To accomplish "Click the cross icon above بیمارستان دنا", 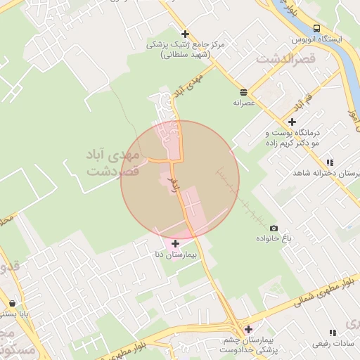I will [x=175, y=243].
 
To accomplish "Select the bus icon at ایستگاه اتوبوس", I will [x=316, y=28].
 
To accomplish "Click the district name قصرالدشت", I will [x=287, y=60].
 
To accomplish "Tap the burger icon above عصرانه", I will [x=243, y=92].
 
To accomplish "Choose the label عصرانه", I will [x=243, y=103].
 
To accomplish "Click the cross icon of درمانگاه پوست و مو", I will [x=292, y=122].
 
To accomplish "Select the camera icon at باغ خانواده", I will [x=274, y=228].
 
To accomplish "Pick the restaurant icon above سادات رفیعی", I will [x=333, y=333].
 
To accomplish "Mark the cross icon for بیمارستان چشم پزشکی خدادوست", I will [x=248, y=328].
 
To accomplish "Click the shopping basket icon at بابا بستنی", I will [x=13, y=304].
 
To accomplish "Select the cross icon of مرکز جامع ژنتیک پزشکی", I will [x=185, y=34].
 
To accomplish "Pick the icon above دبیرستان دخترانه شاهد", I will [x=330, y=163].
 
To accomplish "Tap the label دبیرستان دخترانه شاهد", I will [x=331, y=174].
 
